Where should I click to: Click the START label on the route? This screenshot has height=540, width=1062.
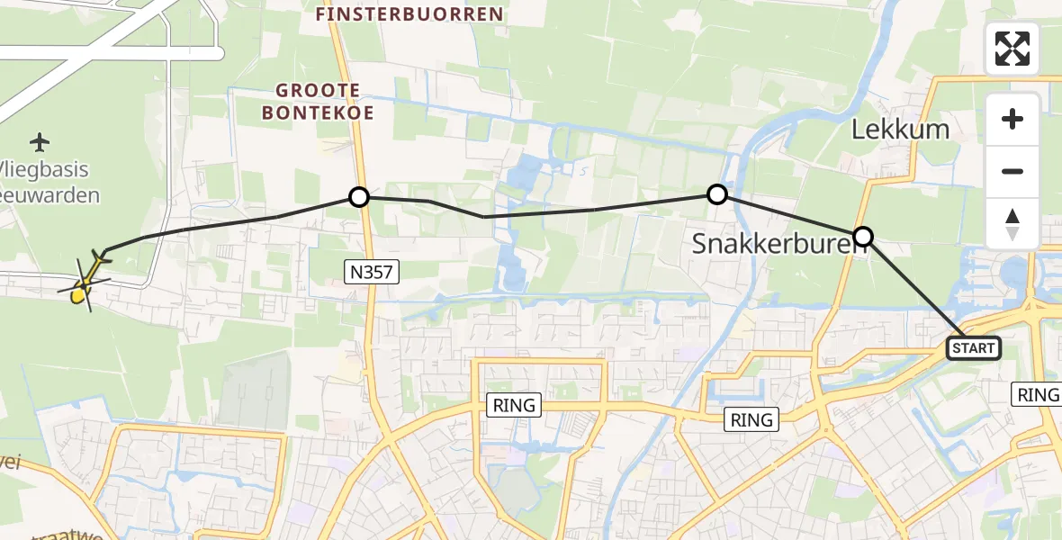[974, 348]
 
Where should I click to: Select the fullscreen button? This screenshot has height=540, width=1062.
[1012, 49]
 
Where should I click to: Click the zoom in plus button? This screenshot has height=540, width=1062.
[1012, 119]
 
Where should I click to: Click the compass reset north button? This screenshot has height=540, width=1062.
[1012, 223]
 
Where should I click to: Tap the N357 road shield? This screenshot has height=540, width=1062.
[372, 271]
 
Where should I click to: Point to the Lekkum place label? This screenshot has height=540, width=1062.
[900, 129]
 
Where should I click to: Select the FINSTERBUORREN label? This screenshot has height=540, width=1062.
[409, 15]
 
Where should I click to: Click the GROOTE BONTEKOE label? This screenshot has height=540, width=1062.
[319, 102]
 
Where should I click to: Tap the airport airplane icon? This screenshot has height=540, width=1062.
[40, 142]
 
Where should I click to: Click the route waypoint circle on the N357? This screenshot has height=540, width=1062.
[359, 196]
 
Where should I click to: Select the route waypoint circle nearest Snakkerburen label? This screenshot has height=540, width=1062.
[862, 237]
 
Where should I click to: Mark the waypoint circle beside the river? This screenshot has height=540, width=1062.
[716, 193]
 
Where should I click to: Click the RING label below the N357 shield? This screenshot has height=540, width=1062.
[513, 405]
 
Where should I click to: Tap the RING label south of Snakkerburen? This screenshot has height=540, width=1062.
[751, 419]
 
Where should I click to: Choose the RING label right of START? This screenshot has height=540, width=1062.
[1037, 393]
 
